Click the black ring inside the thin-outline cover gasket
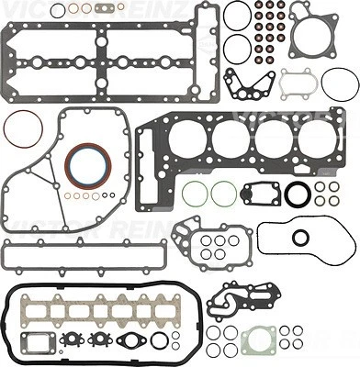coord(300,238)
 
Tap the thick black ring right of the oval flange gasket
coord(159,341)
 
